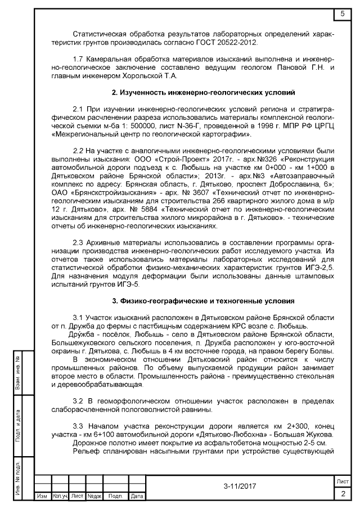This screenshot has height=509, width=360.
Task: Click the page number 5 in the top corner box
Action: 343,13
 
